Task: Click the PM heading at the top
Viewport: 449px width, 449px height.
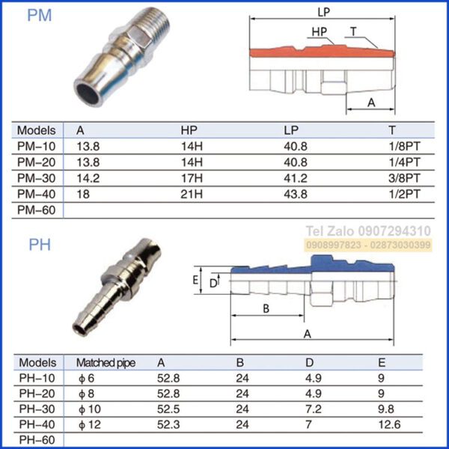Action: point(40,16)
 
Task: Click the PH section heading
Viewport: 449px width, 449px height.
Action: point(39,245)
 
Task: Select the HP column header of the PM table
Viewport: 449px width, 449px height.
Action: point(190,129)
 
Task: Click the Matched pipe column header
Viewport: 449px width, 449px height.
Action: point(106,362)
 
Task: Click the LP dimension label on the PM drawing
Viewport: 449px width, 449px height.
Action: point(324,12)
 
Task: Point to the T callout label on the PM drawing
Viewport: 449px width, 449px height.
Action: point(353,31)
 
